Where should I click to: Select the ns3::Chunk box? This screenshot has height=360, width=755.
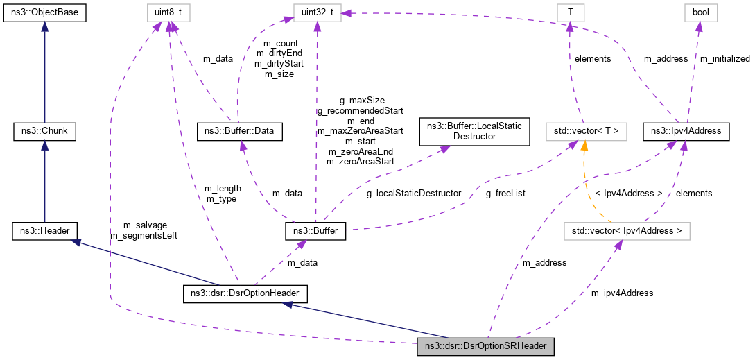tap(45, 130)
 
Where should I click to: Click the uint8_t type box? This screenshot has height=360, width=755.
tap(164, 12)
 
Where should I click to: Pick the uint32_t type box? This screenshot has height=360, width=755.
tap(316, 12)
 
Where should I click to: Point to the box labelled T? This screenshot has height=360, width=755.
tap(570, 12)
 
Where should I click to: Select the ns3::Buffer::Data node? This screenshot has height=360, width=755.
tap(240, 130)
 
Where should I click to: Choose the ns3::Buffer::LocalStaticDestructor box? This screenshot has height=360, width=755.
tap(474, 130)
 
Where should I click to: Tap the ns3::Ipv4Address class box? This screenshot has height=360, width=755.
tap(686, 130)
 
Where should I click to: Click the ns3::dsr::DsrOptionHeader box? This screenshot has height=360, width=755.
tap(245, 293)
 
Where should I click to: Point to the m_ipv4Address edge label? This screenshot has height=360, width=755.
tap(622, 293)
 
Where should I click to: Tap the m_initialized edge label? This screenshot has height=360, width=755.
tap(724, 59)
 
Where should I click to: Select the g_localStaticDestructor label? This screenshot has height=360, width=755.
tap(414, 194)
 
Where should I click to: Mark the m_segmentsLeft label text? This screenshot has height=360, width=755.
tap(144, 236)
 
